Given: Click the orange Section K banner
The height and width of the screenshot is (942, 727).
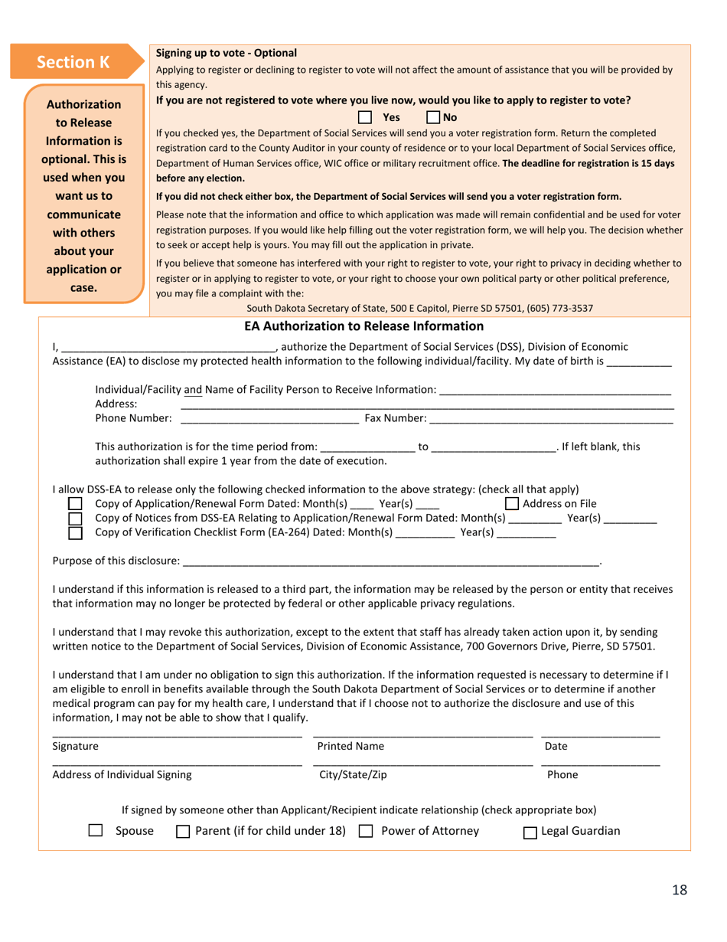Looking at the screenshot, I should point(74,63).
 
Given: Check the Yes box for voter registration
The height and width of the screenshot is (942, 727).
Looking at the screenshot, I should point(365,118).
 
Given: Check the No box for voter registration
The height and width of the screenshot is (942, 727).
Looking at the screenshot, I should point(433,118).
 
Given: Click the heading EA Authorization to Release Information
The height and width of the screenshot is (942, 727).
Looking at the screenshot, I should point(363,326).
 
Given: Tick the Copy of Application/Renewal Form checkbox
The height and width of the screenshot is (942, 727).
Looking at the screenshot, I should point(75,504).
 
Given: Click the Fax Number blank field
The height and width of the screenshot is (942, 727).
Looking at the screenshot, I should point(551,417).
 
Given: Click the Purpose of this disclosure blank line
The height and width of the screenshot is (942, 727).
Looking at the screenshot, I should point(390,561).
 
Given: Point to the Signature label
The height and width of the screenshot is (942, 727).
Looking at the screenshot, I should point(75,746).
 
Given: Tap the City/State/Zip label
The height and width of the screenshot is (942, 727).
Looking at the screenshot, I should point(353,774).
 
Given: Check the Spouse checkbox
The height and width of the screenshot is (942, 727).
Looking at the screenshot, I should point(96,831).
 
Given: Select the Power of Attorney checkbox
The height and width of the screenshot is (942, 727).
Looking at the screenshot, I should point(366,831).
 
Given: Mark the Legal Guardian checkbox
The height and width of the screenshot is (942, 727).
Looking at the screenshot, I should point(530,832).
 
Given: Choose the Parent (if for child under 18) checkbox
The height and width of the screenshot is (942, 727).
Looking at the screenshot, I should point(183,832).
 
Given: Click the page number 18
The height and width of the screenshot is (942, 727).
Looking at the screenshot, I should point(680,889).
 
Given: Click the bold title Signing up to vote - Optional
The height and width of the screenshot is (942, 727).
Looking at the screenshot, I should point(226,53).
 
